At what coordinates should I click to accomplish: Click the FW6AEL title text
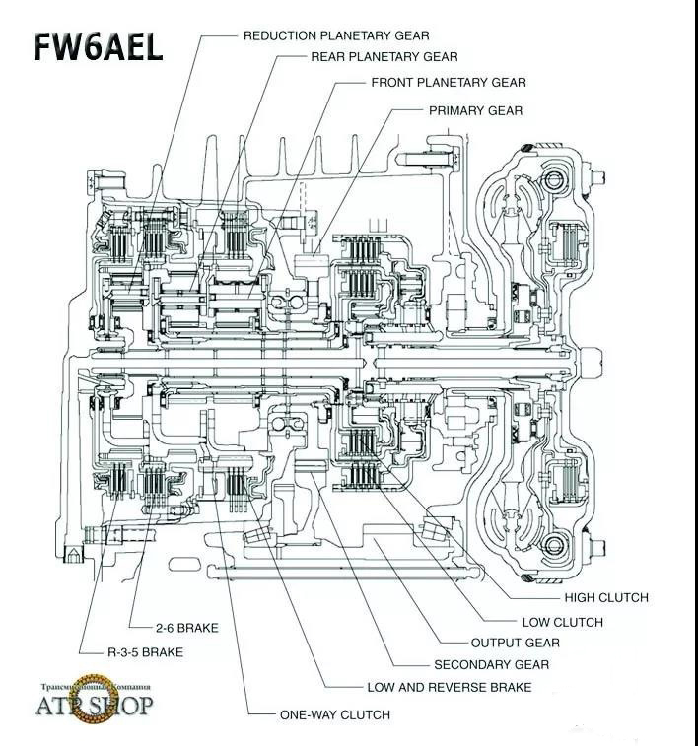coord(98,46)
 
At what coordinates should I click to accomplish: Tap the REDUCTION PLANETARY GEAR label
coord(336,35)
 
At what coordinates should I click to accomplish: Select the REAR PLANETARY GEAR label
coord(384,57)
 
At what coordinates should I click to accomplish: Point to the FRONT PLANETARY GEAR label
coord(449,83)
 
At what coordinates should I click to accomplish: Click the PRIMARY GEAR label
coord(475,110)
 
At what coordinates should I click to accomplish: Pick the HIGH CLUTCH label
coord(606,597)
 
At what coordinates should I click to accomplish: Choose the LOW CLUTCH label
coord(562,622)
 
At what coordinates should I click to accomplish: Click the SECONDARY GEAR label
coord(491,665)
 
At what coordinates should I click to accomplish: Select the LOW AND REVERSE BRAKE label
coord(449,687)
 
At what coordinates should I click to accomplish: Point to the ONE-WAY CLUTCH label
coord(334,714)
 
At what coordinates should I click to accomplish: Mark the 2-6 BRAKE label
coord(186,628)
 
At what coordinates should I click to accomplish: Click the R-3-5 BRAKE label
coord(145,651)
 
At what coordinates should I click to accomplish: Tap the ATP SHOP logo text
coord(95,706)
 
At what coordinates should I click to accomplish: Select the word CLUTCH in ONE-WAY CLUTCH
coord(365,714)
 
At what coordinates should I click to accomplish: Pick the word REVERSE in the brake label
coord(465,687)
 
